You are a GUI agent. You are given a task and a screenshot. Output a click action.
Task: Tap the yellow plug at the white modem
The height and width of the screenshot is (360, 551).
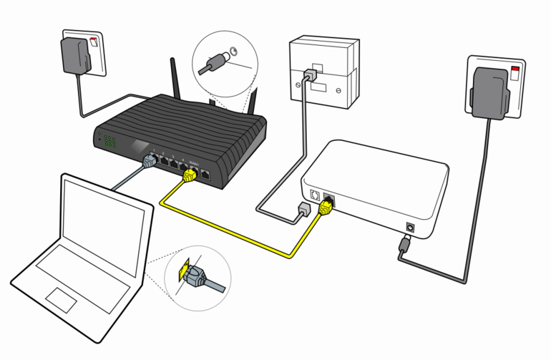(x=326, y=207)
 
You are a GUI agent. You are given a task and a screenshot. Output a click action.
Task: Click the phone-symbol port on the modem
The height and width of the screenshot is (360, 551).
(x=315, y=193)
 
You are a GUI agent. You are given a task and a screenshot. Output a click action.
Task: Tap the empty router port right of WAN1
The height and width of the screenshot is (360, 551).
(x=205, y=172)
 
